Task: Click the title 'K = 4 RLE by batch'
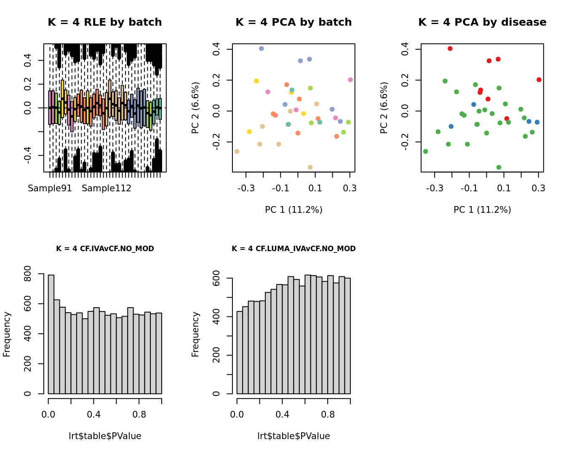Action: (x=104, y=22)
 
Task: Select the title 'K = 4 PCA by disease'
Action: (x=482, y=22)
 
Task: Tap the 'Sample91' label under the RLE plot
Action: (x=50, y=188)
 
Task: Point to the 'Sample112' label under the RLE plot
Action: (x=107, y=188)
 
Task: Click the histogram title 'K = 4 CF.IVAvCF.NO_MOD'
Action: (x=105, y=249)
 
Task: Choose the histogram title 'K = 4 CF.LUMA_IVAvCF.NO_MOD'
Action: (x=294, y=249)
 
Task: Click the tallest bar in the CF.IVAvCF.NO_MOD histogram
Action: (x=51, y=334)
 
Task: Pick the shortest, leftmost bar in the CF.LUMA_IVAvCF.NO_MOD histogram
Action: (x=240, y=352)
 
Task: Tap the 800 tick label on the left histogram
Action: (x=28, y=273)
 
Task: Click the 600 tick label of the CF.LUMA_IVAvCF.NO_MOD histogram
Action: (x=216, y=278)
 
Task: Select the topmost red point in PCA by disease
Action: (x=450, y=48)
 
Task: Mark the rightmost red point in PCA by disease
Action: (x=539, y=80)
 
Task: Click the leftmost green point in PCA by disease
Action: (x=425, y=151)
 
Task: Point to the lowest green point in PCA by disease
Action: (x=499, y=167)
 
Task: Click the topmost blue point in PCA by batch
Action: (x=261, y=48)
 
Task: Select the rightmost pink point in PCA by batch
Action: (x=350, y=80)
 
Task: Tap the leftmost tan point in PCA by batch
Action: (x=237, y=151)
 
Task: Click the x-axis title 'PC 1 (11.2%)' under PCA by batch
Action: (x=294, y=210)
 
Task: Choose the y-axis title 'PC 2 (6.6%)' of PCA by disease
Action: (x=384, y=108)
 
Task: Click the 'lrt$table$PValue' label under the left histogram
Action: (x=105, y=436)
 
